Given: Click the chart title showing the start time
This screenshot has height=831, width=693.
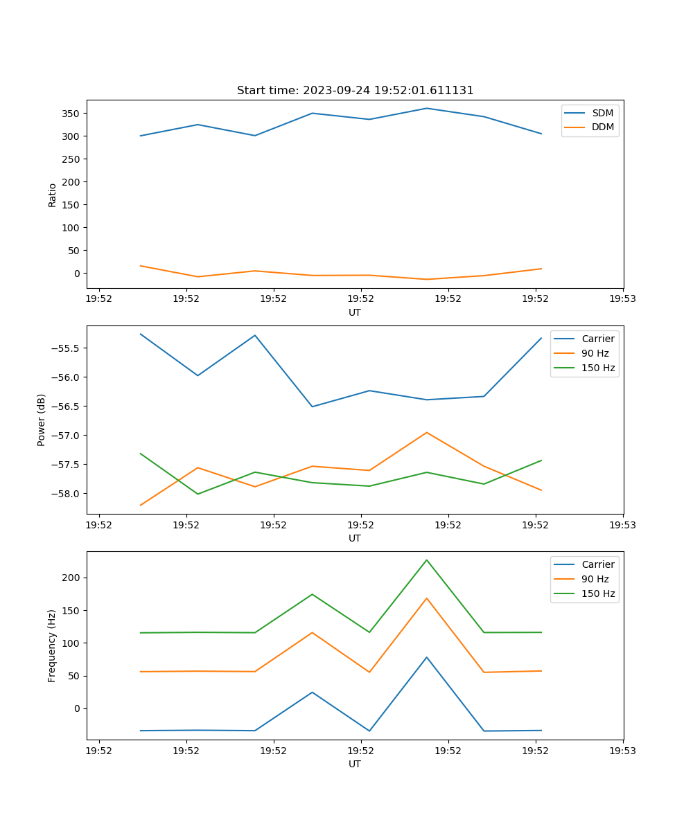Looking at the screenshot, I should [355, 91].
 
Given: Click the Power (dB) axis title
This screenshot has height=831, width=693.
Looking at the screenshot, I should [42, 420].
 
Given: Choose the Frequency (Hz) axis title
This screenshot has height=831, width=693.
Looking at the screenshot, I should [52, 645].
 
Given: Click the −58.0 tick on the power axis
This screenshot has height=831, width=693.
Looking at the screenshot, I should [67, 494].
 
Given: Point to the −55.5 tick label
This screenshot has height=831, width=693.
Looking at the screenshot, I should [67, 348].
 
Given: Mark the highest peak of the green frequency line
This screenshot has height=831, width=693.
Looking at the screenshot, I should [426, 560].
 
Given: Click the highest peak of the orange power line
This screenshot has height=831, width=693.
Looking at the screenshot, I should [426, 432].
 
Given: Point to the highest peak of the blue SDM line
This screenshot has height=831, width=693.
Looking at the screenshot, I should [426, 108].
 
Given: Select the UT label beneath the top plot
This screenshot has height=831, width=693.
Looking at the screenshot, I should [355, 312].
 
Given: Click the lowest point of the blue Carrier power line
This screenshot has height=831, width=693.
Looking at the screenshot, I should [312, 406].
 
